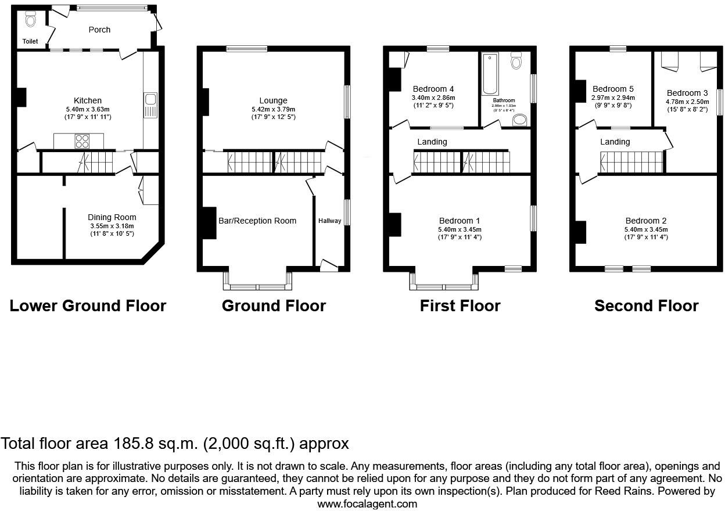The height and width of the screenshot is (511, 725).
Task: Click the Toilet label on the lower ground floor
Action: coord(30,42)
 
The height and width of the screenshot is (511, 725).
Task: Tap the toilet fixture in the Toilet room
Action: coord(31,20)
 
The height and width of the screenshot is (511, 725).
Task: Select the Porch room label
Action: coord(99,30)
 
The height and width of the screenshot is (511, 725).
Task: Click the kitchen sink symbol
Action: coord(150,104)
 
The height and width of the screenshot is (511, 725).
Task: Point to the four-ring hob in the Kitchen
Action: coord(82,141)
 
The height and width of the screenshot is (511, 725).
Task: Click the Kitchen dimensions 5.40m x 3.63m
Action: coord(88,109)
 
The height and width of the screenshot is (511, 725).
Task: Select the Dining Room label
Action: coord(112,218)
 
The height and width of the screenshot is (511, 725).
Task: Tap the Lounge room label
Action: coord(273,101)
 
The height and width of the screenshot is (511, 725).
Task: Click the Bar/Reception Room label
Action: coord(257,221)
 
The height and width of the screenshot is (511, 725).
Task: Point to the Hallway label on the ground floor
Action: coord(329,221)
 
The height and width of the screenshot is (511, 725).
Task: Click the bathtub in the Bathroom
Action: coord(490,74)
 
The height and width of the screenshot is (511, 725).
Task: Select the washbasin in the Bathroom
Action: coord(520,120)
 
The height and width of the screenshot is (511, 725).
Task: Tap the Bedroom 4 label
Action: coord(433,89)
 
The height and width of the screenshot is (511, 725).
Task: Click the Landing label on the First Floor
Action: coord(432,142)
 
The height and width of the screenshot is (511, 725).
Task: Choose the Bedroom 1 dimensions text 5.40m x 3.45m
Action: coord(460,229)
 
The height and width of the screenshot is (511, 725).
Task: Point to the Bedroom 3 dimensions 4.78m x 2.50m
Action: coord(687,101)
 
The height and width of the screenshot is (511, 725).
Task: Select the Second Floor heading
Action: coord(646,306)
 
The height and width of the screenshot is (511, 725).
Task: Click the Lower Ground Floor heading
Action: coord(88,306)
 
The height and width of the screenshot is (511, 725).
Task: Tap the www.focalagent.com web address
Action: coord(367,504)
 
